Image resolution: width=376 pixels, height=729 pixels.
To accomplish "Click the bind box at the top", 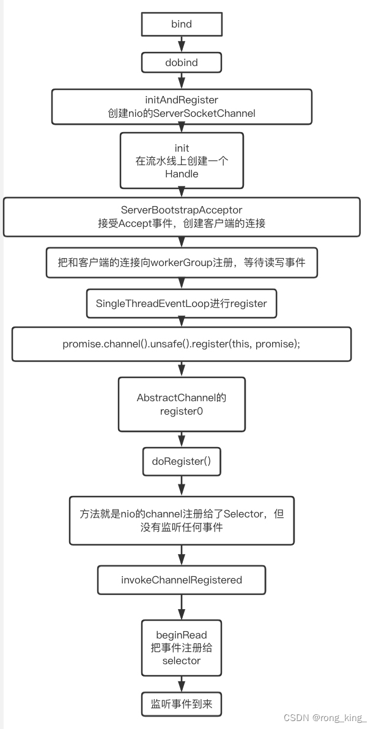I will pos(182,24).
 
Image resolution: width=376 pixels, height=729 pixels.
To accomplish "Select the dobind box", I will pos(182,63).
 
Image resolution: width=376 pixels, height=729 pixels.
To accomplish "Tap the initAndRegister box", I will pos(182,106).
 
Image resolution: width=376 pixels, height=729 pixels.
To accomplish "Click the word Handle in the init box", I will pos(182,174).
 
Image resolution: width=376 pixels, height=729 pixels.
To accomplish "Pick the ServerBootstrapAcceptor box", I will pos(182,216).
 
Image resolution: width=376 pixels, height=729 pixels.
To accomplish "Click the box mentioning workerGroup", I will pos(182,263).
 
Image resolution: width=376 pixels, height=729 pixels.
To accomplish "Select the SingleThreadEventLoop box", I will pos(182,303).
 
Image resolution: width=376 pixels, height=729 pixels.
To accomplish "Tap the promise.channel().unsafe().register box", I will pos(182,344).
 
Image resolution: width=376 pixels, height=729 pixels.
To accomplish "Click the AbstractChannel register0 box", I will pos(182,404).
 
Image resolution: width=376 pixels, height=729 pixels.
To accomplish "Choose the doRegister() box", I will pos(182,461).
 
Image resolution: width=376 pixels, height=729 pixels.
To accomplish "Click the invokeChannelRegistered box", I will pos(182,580).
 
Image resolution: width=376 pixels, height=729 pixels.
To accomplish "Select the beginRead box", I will pos(182,648).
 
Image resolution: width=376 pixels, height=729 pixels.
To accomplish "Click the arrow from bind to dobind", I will pos(182,43).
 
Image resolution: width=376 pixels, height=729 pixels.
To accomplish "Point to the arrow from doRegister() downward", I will pos(182,486).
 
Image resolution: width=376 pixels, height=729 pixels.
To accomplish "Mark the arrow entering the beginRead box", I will pos(182,607).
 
